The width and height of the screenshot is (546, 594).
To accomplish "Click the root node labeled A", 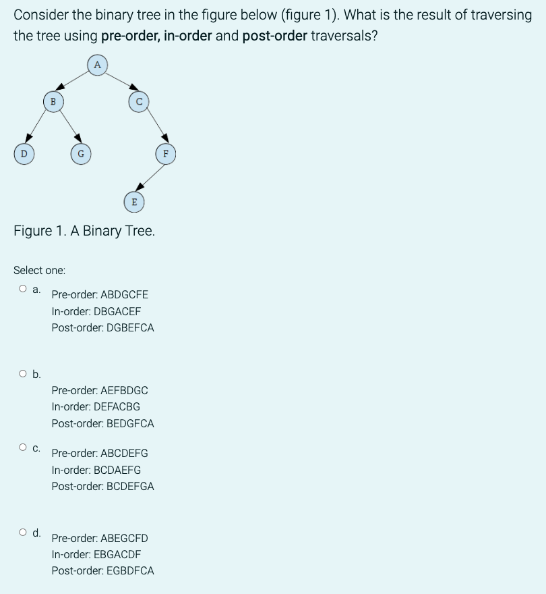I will tap(97, 65).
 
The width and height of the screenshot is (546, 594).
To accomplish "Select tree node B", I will tap(53, 101).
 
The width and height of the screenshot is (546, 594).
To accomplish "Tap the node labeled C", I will tap(138, 101).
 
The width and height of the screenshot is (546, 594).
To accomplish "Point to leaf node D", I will tap(24, 153).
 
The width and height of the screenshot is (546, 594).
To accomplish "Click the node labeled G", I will tap(81, 153).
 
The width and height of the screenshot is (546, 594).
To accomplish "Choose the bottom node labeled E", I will tap(133, 201).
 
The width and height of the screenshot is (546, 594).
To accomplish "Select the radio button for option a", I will tap(23, 289).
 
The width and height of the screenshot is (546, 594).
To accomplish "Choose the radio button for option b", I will tap(23, 373).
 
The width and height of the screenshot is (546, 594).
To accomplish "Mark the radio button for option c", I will tap(23, 447).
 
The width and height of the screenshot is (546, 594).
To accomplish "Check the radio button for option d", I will tap(23, 532).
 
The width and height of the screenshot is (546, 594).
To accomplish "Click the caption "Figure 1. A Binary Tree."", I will tap(84, 231).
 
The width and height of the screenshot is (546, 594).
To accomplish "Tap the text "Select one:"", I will tap(40, 270).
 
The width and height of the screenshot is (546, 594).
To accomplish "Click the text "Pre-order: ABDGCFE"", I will tap(100, 294).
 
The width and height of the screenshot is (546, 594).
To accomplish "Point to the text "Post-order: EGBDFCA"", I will tap(102, 570).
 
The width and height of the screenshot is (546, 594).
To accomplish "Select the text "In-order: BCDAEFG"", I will tap(96, 470).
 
